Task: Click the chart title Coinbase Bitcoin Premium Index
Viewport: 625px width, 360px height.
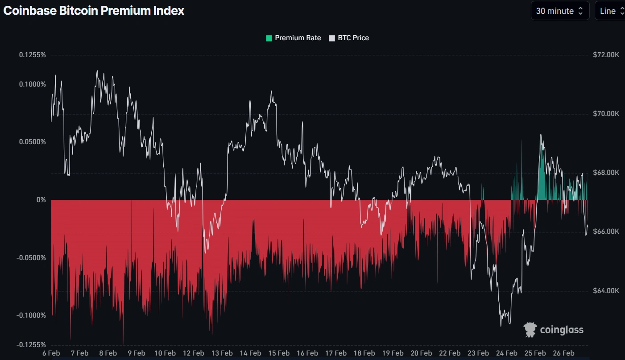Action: [x=94, y=11]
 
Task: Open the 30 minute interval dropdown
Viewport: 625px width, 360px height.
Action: [x=560, y=11]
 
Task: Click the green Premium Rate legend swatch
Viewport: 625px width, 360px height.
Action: [x=269, y=38]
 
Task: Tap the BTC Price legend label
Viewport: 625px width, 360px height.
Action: [x=353, y=38]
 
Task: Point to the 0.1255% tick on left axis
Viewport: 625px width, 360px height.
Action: [x=32, y=55]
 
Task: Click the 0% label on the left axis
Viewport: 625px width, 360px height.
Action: [x=41, y=200]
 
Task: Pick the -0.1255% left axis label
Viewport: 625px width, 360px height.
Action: [x=31, y=345]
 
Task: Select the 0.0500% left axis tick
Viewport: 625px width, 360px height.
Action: [x=32, y=142]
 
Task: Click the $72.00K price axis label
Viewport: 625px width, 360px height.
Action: [x=606, y=55]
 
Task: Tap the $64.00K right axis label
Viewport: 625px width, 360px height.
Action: [x=606, y=291]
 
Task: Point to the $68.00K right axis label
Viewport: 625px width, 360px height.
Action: [x=606, y=173]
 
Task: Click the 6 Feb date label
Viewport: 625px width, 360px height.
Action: [x=51, y=353]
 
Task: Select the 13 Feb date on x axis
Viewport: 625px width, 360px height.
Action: [x=222, y=353]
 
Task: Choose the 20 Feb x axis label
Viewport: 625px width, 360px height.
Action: [x=421, y=353]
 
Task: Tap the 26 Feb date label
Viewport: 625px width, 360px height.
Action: [x=563, y=353]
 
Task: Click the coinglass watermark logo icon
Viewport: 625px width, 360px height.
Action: [x=530, y=330]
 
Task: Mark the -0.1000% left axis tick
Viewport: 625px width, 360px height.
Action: [x=31, y=315]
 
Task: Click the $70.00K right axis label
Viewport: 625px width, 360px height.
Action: [x=606, y=114]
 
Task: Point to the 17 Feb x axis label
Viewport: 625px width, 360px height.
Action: [x=335, y=353]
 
